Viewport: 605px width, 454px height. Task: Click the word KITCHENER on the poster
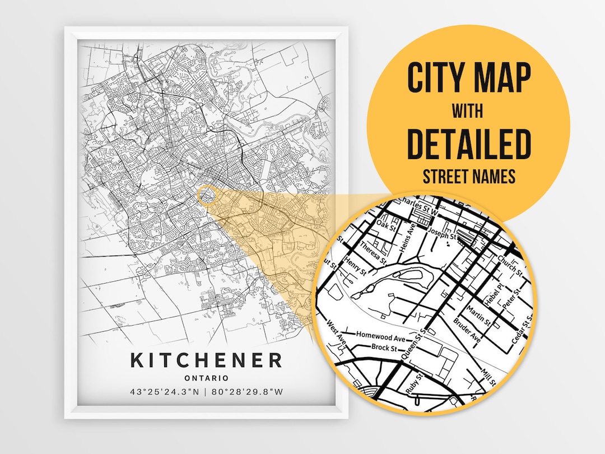(x=206, y=360)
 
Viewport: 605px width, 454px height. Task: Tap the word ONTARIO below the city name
(x=206, y=378)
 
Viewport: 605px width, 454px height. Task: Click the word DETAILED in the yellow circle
(x=468, y=144)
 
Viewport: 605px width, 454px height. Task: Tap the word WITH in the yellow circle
(x=468, y=111)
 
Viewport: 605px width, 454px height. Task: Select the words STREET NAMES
(x=468, y=177)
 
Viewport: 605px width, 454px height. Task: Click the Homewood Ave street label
(x=380, y=338)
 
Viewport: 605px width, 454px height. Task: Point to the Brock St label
(x=384, y=348)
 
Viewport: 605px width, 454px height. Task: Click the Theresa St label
(x=374, y=252)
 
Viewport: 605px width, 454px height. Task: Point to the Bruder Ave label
(x=467, y=331)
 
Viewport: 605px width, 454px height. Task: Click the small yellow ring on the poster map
(x=207, y=196)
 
